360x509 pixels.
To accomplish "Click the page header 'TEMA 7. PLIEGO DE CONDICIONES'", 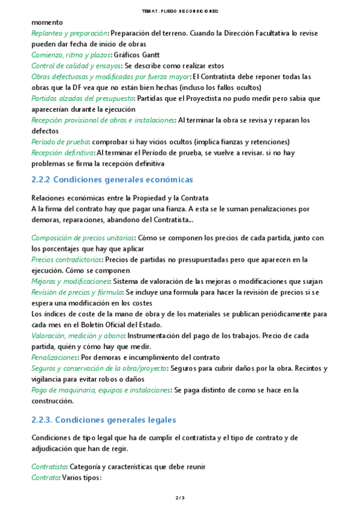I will click(180, 11).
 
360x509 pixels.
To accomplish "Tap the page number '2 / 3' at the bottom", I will click(180, 498).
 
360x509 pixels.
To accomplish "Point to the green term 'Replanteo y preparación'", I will click(69, 33).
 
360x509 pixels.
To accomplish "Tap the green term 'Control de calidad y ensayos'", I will click(76, 65).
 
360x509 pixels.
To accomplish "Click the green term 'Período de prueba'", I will click(60, 142).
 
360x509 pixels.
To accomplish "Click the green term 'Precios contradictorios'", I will click(66, 259).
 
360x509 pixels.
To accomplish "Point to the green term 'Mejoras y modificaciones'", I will click(70, 281).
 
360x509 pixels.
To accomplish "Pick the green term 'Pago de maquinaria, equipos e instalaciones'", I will click(101, 390).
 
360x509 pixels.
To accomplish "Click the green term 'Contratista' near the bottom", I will click(49, 466).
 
